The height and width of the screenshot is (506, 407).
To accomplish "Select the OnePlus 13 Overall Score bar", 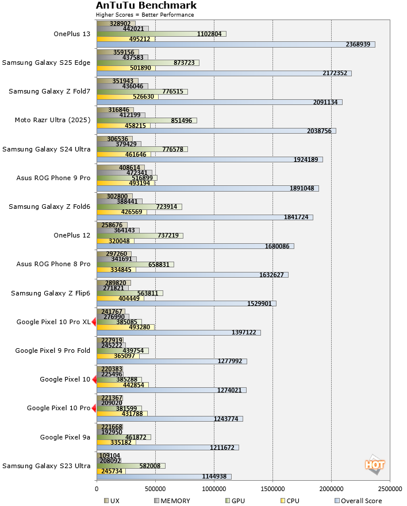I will coord(236,44).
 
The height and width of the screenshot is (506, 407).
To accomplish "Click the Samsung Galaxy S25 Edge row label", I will coord(46,63).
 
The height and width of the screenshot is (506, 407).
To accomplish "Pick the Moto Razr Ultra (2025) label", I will coord(52,120).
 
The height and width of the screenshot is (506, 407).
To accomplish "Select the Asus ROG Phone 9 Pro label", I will coord(53,178).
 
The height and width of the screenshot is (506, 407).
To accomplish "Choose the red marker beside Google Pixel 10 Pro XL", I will coord(94,322).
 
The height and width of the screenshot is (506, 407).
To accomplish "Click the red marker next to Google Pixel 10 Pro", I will coord(94,408).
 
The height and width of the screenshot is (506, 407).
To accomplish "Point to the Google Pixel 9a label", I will coord(65,437).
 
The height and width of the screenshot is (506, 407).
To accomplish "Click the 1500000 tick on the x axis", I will coord(272,489).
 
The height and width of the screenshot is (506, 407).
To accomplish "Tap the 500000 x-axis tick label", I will coord(155,489).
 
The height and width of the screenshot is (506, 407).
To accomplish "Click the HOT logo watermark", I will coord(374,465).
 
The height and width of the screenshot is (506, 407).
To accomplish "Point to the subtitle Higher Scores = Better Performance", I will coord(145,15).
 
